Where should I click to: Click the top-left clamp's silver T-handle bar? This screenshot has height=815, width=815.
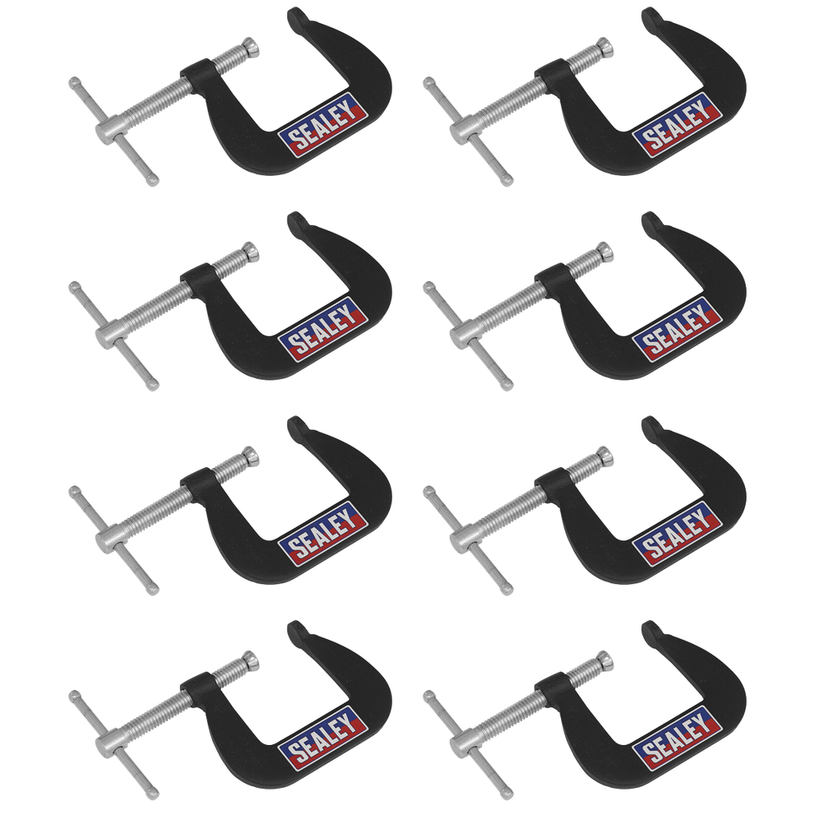113,131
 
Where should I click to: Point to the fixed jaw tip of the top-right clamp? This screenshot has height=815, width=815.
649,15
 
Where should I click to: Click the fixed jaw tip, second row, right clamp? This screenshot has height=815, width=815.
649,219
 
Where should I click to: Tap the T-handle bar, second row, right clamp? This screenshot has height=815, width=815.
468,335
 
